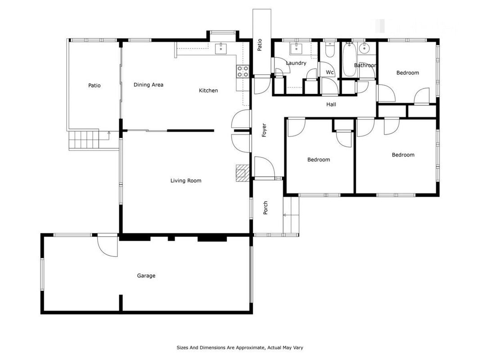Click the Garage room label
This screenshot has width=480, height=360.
pos(146,276)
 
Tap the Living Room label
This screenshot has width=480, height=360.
pos(186,180)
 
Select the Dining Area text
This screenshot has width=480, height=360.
pos(148,85)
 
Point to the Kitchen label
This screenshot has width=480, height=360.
pos(208,90)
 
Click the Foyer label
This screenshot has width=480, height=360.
pos(264,130)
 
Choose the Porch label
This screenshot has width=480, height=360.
pos(265,207)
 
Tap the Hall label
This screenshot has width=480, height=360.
pos(331,104)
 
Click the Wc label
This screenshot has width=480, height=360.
pos(330,72)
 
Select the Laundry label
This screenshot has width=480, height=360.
pos(296,63)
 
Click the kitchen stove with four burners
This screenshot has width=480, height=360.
pos(242,72)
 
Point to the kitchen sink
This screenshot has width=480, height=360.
pos(221,48)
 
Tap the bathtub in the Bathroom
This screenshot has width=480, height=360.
pos(349,60)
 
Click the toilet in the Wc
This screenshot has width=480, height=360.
pos(330,51)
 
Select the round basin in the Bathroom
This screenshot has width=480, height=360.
pos(364,48)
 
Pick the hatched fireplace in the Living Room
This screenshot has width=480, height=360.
pos(242,173)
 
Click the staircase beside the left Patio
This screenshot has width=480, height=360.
pos(84,139)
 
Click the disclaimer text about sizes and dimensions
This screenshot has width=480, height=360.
pos(240,347)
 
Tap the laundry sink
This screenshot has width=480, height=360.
pos(296,48)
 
